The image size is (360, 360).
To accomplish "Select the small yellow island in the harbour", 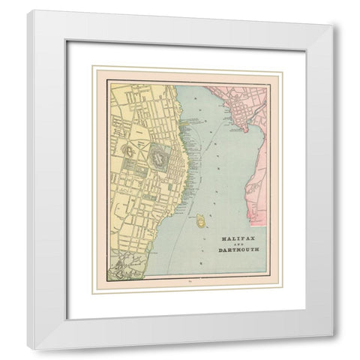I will tap(201, 220).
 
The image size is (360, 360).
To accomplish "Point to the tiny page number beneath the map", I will tap(187, 282).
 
